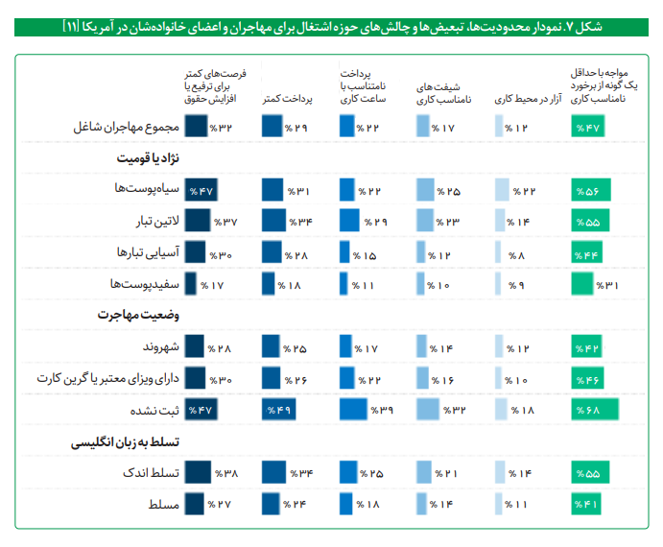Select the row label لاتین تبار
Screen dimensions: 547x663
tap(151, 222)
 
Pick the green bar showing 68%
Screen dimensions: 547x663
tap(594, 410)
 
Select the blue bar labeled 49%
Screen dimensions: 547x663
tap(278, 410)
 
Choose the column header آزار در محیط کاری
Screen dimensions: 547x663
tap(522, 99)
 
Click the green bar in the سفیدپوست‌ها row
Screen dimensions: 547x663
tap(581, 284)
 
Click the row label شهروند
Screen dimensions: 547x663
tap(154, 346)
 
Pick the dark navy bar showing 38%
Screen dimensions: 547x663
tap(198, 473)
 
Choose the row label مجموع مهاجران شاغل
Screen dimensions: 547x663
tap(127, 127)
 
